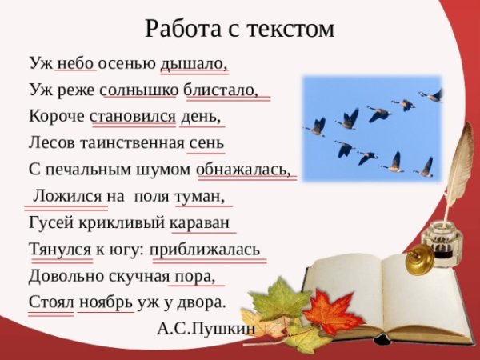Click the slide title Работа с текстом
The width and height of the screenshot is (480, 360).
[x=239, y=29]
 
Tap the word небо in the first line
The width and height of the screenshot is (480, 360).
[x=75, y=63]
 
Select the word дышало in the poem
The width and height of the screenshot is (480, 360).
[x=193, y=63]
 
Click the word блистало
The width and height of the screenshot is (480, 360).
[x=221, y=89]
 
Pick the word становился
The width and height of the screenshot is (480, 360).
[x=133, y=115]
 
